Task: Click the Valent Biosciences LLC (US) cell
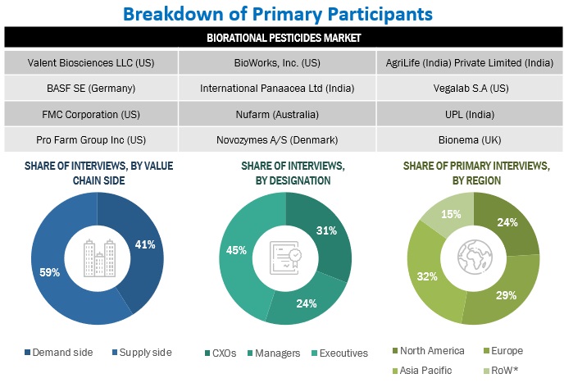[90, 62]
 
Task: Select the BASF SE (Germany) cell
[90, 88]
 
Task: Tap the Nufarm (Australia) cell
[282, 114]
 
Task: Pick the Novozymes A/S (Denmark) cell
[282, 139]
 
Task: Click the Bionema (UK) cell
[472, 139]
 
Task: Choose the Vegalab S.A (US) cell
[472, 88]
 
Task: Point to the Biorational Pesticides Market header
[282, 38]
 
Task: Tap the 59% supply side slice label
[52, 271]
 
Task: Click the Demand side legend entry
[62, 353]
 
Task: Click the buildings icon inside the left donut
[98, 257]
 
